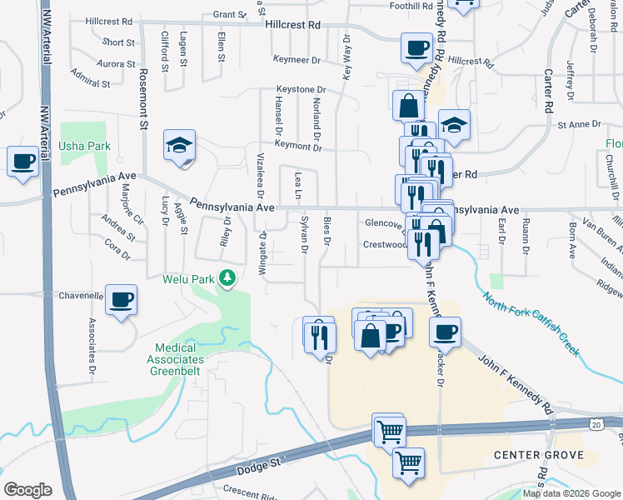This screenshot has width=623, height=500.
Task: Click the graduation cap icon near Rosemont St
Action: (x=179, y=146)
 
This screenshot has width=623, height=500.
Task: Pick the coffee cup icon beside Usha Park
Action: (x=22, y=161)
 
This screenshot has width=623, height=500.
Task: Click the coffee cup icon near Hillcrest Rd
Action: (x=416, y=48)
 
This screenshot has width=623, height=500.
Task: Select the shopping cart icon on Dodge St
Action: (x=388, y=432)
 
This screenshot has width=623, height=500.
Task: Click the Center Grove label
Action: (x=546, y=456)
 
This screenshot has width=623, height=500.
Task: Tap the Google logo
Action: (x=27, y=489)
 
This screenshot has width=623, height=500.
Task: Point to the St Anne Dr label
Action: (x=579, y=124)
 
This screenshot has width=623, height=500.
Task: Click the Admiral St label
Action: (x=91, y=84)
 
